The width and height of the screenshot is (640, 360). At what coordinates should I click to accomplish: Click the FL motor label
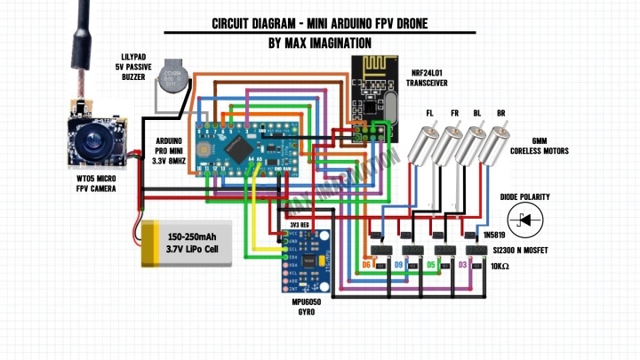click(x=430, y=114)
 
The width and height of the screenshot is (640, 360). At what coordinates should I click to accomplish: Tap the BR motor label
click(x=501, y=114)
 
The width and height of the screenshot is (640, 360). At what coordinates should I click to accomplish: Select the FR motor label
click(x=454, y=114)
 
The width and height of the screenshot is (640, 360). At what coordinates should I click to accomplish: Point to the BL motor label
click(x=477, y=114)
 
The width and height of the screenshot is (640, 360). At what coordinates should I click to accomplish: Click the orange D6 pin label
click(x=366, y=265)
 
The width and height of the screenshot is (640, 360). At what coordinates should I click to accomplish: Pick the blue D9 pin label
click(x=399, y=265)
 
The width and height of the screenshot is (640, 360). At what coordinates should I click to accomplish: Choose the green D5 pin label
click(x=430, y=265)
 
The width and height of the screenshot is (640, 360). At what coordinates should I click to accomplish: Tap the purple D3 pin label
click(x=462, y=265)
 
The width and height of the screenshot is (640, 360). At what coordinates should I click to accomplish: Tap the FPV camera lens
click(x=90, y=140)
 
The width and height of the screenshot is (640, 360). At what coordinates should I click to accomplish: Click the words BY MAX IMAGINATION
click(x=319, y=43)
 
